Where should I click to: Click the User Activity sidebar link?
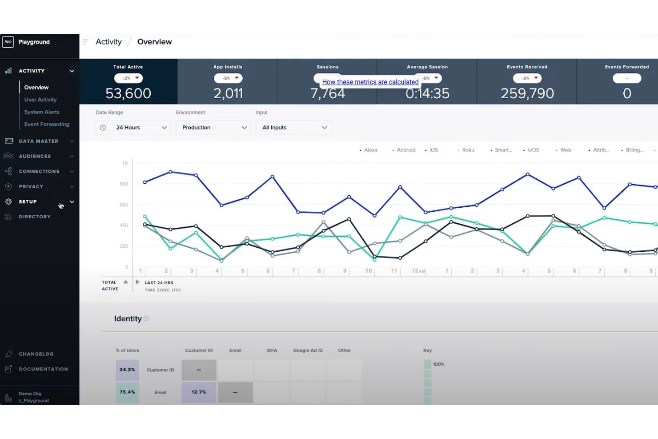(x=40, y=100)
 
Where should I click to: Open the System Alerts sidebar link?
(x=42, y=112)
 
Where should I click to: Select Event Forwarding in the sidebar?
(x=47, y=125)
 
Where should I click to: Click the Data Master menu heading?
(x=39, y=141)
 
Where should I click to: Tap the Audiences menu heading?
(x=35, y=157)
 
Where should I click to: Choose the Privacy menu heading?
(x=31, y=187)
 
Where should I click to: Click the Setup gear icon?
(x=8, y=202)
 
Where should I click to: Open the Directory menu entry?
(x=35, y=217)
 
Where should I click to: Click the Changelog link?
(x=36, y=354)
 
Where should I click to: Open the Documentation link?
(x=43, y=369)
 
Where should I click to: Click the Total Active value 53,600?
(x=128, y=93)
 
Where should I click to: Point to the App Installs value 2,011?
(x=228, y=93)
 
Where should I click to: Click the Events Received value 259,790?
(x=527, y=93)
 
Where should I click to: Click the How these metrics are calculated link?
(x=370, y=82)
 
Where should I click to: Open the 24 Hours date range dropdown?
(x=133, y=128)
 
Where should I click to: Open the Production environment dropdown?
(x=213, y=128)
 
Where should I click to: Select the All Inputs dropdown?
(x=293, y=128)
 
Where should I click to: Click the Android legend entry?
(x=405, y=150)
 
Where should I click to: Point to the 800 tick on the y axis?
(x=124, y=184)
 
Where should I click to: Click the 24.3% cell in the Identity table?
(x=127, y=370)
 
